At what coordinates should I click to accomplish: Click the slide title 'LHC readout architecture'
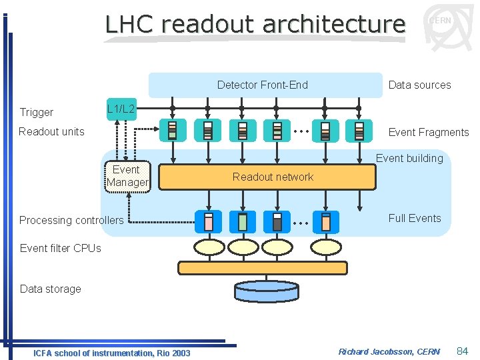click(x=255, y=25)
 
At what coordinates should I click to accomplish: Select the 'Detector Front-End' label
click(x=263, y=85)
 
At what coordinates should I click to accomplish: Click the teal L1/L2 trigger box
click(x=121, y=109)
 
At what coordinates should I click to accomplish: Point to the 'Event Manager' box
click(x=127, y=176)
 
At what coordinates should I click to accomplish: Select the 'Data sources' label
click(x=419, y=85)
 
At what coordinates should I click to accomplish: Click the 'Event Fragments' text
click(x=428, y=132)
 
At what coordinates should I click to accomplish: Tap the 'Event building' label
click(x=409, y=158)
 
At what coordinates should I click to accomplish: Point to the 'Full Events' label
click(x=415, y=218)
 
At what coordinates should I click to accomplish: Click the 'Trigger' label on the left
click(x=37, y=112)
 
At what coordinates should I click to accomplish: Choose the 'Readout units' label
click(x=51, y=131)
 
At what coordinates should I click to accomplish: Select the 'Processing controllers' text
click(x=71, y=220)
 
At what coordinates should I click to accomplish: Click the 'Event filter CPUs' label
click(x=61, y=248)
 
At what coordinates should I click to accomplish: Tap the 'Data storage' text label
click(x=51, y=289)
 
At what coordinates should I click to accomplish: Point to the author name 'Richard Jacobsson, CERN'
click(x=389, y=351)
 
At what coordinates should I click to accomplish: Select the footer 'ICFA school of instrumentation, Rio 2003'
click(x=111, y=353)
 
